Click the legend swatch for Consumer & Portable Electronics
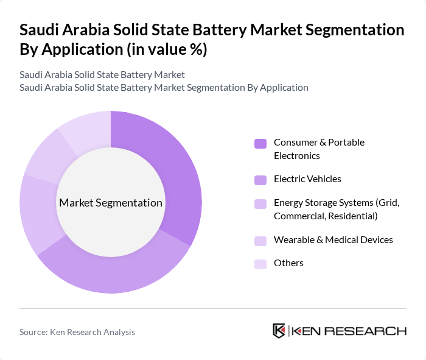(260, 144)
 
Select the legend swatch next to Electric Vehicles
(260, 180)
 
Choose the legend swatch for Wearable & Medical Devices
(260, 241)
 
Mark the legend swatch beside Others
(260, 264)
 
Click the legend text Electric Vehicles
(307, 179)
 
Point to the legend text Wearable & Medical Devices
(333, 239)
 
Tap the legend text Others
(288, 263)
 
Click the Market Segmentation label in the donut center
(111, 203)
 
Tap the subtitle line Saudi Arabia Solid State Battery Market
(102, 74)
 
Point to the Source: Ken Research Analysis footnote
(77, 332)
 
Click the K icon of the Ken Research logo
(279, 331)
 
